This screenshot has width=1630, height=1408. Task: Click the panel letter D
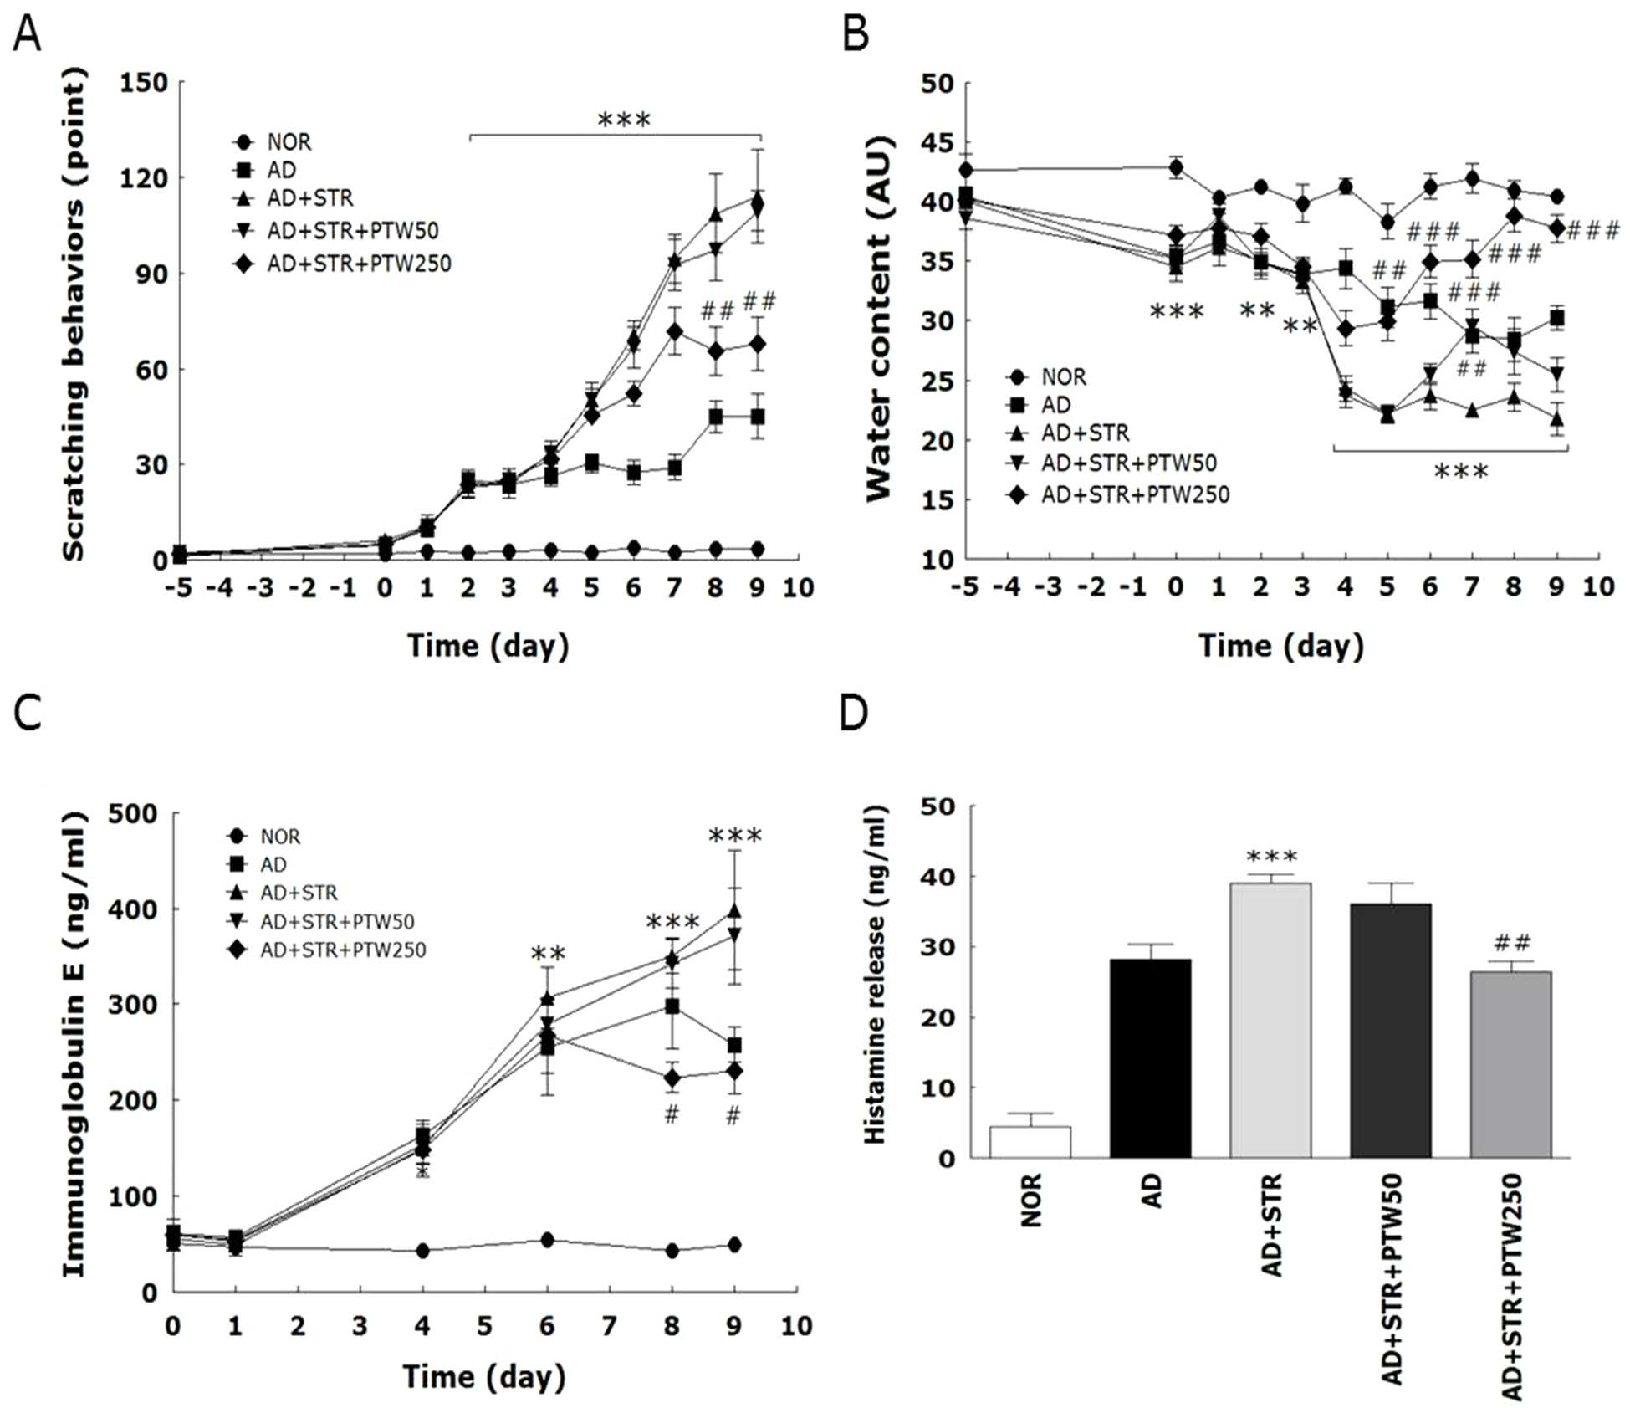[854, 713]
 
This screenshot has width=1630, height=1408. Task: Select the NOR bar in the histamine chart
[1030, 1142]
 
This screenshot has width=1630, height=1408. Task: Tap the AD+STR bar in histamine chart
[1270, 1020]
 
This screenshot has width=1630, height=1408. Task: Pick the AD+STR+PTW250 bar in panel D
[1510, 1064]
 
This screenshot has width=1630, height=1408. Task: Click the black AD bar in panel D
[1150, 1058]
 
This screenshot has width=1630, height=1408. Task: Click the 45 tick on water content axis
[937, 143]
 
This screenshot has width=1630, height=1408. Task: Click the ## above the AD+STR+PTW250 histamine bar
[1511, 945]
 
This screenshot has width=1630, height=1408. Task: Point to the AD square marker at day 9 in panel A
[757, 417]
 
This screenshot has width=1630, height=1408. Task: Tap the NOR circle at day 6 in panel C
[547, 1240]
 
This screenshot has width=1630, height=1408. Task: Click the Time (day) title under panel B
[1281, 647]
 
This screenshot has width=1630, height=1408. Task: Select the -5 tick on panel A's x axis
[177, 587]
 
